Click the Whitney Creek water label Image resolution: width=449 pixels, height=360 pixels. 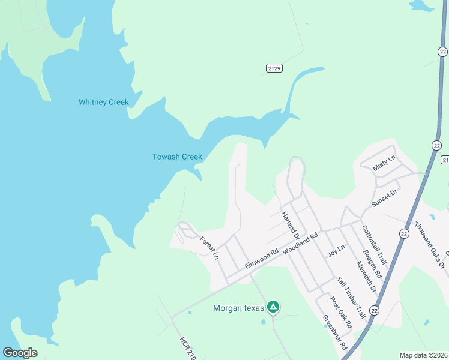[104, 102]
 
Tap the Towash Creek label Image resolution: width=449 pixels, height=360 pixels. [177, 157]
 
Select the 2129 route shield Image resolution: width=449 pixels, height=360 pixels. [274, 68]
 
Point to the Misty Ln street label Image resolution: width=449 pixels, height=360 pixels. [384, 163]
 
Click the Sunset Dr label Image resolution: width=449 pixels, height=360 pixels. [385, 197]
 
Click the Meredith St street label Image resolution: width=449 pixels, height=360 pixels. [366, 276]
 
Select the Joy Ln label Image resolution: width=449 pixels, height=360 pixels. [336, 251]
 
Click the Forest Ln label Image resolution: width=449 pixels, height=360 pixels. [209, 247]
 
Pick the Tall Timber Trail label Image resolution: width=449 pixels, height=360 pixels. [351, 298]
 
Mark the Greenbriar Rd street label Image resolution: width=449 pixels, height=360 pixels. [335, 332]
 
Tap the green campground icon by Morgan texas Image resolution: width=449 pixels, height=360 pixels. [273, 307]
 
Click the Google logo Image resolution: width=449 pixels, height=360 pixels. [20, 353]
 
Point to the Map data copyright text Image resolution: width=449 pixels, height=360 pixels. [423, 355]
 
